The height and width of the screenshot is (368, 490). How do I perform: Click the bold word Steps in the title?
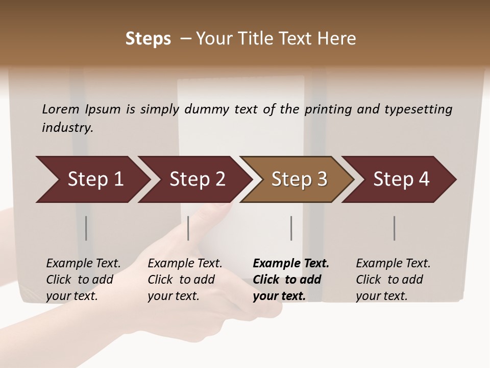(x=148, y=39)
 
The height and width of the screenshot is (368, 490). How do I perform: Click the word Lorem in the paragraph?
(x=60, y=109)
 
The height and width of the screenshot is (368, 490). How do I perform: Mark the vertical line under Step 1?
(x=86, y=228)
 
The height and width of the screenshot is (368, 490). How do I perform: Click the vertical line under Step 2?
(x=188, y=228)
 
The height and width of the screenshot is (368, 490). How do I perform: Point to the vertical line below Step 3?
(x=291, y=228)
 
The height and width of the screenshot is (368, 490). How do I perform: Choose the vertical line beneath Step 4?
(x=395, y=228)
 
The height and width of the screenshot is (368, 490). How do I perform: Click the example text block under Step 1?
(x=83, y=280)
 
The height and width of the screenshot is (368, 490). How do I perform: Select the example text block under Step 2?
(x=185, y=280)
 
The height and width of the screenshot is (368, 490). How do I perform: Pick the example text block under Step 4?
(x=393, y=280)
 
